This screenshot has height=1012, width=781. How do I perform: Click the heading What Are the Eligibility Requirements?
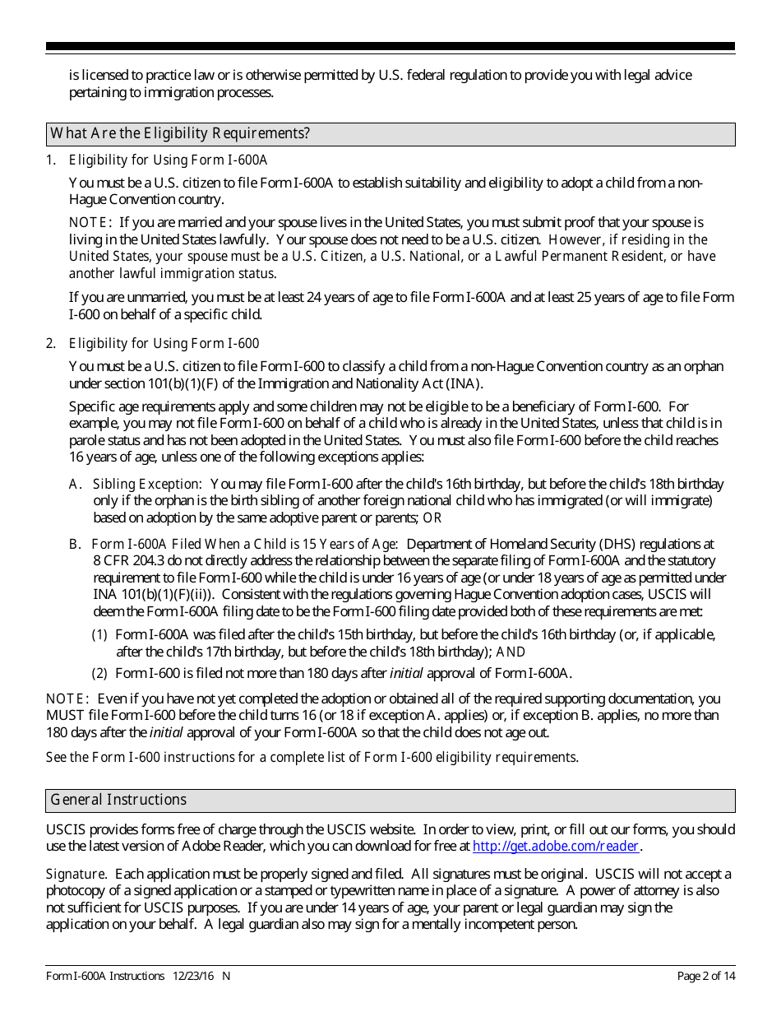180,134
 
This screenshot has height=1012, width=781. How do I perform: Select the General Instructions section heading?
118,800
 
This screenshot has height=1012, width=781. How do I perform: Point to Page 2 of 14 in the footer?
705,976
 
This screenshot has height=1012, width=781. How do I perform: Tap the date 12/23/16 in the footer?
194,976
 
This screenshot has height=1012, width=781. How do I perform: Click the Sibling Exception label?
146,485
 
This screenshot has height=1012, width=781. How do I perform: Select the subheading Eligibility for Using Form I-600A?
168,160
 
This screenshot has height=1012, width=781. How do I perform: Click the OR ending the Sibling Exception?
432,518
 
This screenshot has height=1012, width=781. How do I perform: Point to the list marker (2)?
99,674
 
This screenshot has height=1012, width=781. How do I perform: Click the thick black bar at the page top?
390,47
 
